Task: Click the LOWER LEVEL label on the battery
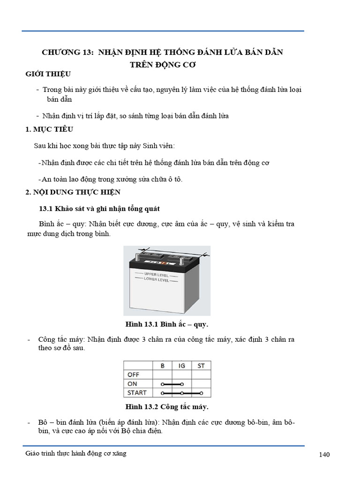tap(156, 280)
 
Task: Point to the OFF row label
tap(133, 375)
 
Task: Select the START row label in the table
tap(137, 393)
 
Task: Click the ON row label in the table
tap(132, 384)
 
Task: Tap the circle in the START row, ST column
tap(201, 393)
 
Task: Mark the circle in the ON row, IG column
tap(182, 384)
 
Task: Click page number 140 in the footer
tap(324, 455)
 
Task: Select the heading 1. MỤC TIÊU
tap(49, 129)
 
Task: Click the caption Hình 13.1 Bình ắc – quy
tap(166, 324)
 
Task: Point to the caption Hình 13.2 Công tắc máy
tap(166, 406)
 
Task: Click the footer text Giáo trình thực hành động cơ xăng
tap(76, 453)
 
